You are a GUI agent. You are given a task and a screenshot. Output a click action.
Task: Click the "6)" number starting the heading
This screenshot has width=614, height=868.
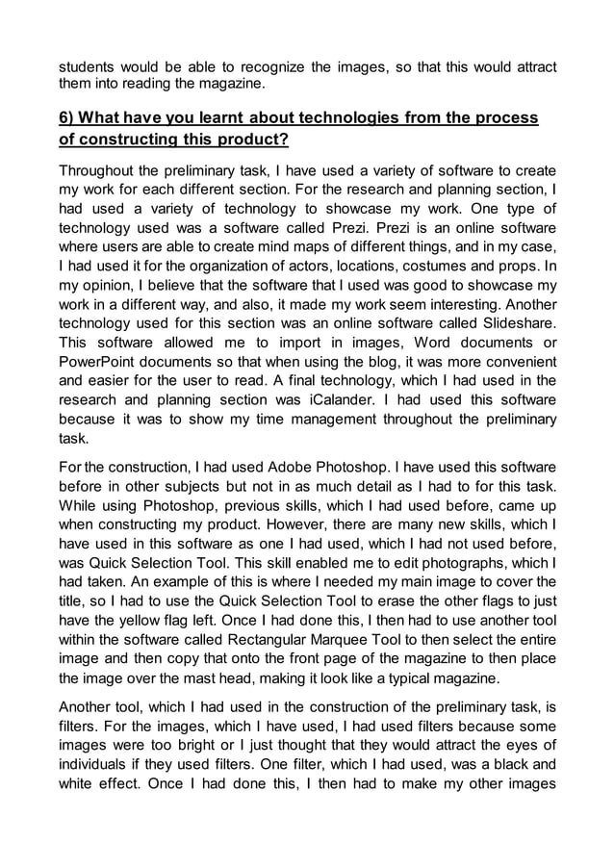point(69,118)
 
